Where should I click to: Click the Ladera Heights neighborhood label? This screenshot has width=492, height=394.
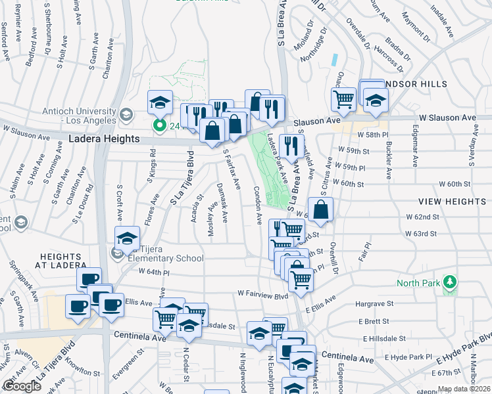click(x=105, y=139)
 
